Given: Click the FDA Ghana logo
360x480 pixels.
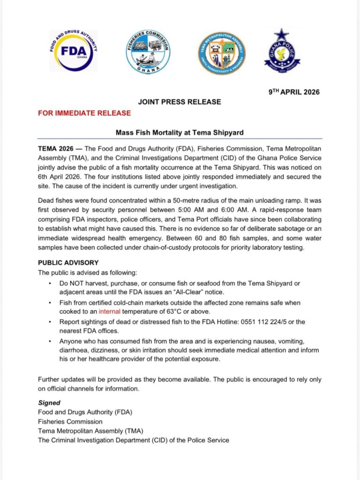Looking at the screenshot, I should coord(73,50).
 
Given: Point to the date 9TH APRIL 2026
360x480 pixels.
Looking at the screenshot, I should coord(294,92).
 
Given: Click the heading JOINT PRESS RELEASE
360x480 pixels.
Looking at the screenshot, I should coord(180,102).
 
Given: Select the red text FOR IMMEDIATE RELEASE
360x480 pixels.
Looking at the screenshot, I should coord(84,113).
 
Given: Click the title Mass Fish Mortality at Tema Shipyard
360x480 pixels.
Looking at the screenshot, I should coord(180,133).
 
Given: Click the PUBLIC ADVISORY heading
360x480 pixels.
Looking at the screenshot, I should coord(68,263).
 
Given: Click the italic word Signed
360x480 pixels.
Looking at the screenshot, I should coord(49,403).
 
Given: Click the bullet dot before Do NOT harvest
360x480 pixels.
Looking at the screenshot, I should coord(51,284).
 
